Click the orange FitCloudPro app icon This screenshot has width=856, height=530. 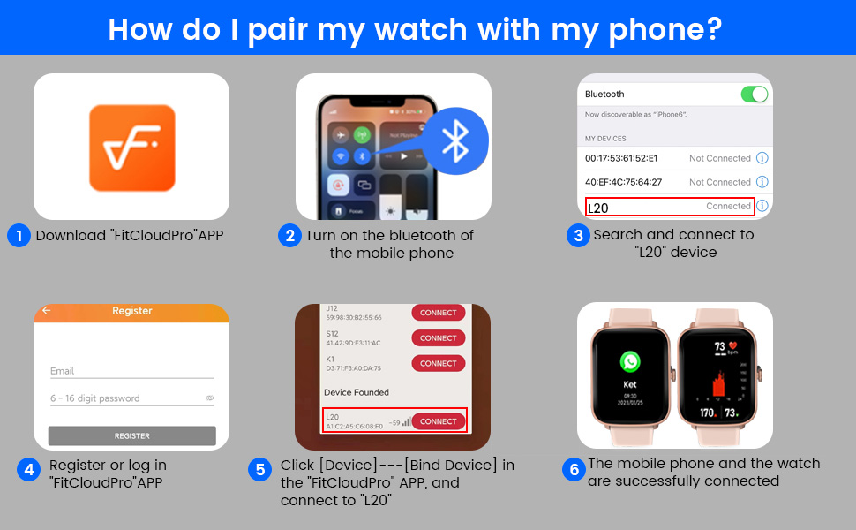(132, 148)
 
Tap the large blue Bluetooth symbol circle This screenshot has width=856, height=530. (455, 140)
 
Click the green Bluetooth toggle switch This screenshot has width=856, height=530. (754, 95)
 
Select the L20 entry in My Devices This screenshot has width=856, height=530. (670, 207)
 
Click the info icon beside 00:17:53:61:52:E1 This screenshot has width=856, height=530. (762, 158)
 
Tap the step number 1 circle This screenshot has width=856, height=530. (19, 236)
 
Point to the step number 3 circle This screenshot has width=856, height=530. (577, 236)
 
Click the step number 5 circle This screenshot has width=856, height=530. (260, 470)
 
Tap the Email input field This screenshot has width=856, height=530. (132, 372)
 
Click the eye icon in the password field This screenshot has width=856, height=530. (210, 398)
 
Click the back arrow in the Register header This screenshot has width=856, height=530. (47, 311)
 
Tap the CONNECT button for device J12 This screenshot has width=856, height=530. (439, 313)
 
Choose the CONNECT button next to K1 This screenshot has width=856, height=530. (439, 363)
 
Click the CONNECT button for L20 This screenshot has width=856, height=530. (439, 421)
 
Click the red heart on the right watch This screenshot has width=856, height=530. (732, 345)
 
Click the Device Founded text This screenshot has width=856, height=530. (357, 392)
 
